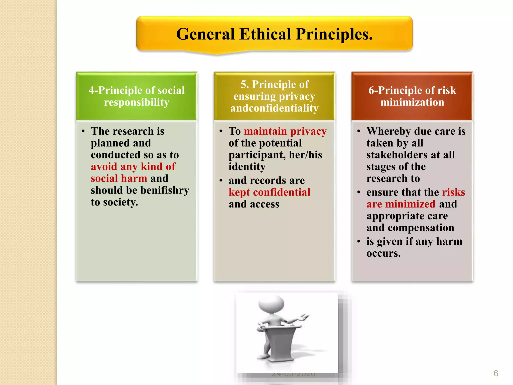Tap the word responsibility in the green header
(x=137, y=102)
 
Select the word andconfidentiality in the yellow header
(x=274, y=108)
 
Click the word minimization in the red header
(x=412, y=102)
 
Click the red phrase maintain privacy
(x=285, y=131)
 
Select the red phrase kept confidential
(x=269, y=192)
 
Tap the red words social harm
(x=119, y=178)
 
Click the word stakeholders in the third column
(x=395, y=155)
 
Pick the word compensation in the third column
(x=421, y=228)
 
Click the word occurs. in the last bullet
(x=383, y=253)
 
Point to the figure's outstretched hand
(x=304, y=317)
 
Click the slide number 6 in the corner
(x=496, y=373)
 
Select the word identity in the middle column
(x=247, y=167)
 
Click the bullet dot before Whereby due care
(x=359, y=131)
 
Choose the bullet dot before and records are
(x=221, y=180)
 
